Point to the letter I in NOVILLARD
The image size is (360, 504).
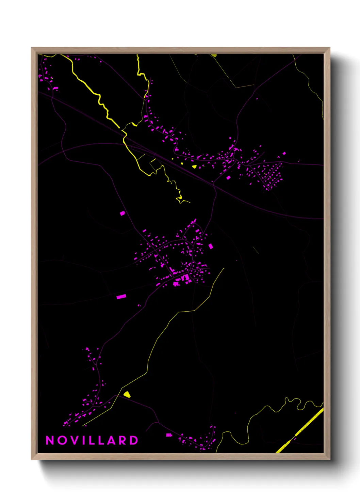[x=83, y=440]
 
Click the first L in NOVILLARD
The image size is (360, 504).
[x=91, y=440]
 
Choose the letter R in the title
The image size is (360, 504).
[x=123, y=440]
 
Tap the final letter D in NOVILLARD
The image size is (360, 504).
[x=134, y=440]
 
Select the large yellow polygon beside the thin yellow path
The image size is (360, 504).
[x=127, y=394]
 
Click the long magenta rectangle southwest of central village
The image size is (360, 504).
[x=121, y=297]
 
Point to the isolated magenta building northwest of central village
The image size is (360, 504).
[x=122, y=213]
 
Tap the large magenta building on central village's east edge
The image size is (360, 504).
[x=211, y=246]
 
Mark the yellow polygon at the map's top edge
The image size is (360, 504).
[x=214, y=55]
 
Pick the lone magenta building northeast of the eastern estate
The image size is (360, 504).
[x=284, y=154]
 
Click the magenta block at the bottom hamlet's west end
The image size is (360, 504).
[x=168, y=435]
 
